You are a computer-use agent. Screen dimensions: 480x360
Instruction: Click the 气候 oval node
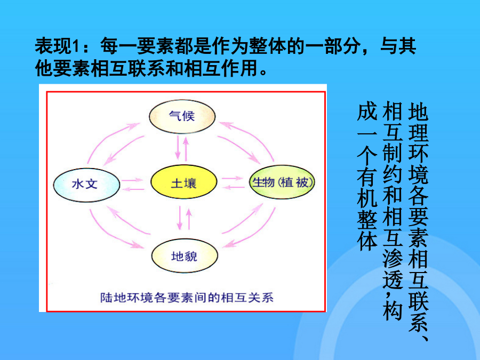[x=182, y=116]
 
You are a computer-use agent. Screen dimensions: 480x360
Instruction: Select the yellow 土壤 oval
[x=183, y=182]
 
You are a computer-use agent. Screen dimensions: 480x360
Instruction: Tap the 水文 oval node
[x=86, y=185]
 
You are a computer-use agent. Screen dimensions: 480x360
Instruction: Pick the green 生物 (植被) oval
[x=282, y=182]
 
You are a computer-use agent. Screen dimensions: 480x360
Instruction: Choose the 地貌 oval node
[x=185, y=255]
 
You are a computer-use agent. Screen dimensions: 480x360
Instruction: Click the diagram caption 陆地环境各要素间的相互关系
[x=187, y=298]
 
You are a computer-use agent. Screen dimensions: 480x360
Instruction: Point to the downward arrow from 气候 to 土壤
[x=178, y=148]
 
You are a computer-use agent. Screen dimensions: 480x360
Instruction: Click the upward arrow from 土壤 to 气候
[x=186, y=149]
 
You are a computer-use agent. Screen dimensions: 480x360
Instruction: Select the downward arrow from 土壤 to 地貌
[x=180, y=218]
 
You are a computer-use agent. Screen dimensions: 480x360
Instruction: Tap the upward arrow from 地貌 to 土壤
[x=189, y=219]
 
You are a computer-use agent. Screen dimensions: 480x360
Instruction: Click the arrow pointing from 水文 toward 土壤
[x=133, y=180]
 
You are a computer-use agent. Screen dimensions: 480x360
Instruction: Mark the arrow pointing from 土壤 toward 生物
[x=233, y=178]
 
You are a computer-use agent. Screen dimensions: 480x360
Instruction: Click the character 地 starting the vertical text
[x=418, y=112]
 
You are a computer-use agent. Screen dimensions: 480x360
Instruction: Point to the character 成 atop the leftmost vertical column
[x=367, y=112]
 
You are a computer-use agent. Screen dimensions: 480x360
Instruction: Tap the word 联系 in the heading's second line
[x=147, y=68]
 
